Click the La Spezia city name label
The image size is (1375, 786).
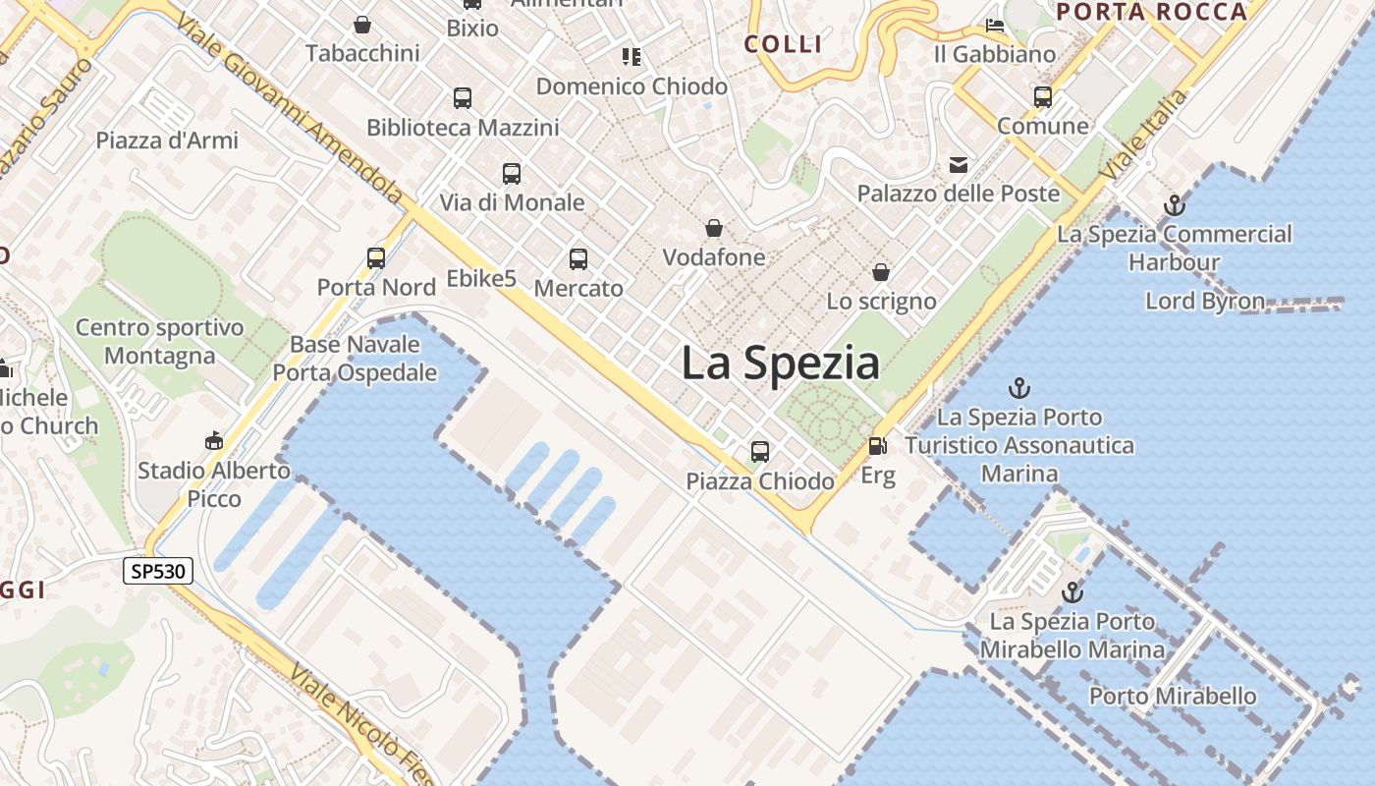pos(781,364)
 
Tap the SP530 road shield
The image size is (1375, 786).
pos(157,571)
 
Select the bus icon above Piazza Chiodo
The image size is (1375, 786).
pos(760,452)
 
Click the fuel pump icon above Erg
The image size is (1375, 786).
pos(877,446)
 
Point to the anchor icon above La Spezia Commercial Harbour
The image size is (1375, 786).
pos(1174,205)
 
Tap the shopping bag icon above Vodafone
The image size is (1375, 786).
pos(714,228)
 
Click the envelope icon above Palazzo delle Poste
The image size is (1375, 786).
pos(958,165)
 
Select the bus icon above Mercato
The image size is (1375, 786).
pos(578,259)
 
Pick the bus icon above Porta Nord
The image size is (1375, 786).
pos(376,258)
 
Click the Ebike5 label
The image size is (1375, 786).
pos(481,279)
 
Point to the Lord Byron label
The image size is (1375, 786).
pos(1205,301)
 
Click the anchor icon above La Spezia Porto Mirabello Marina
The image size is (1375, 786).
pos(1072,592)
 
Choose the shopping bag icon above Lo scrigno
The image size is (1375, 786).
pos(881,272)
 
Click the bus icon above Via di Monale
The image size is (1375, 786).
pos(512,174)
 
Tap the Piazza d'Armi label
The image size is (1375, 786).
pos(167,140)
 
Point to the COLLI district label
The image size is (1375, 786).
pos(783,44)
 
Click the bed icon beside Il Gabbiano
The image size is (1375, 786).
pos(995,26)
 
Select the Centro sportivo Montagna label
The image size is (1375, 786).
pos(159,341)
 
